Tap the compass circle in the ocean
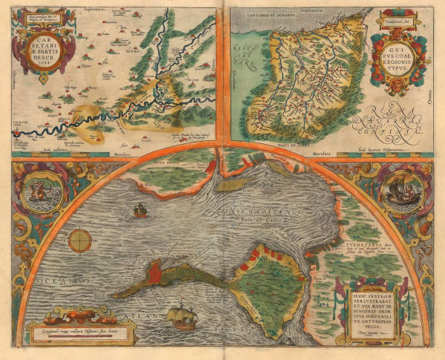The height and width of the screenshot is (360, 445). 80,240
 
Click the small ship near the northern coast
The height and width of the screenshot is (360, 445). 139,212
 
